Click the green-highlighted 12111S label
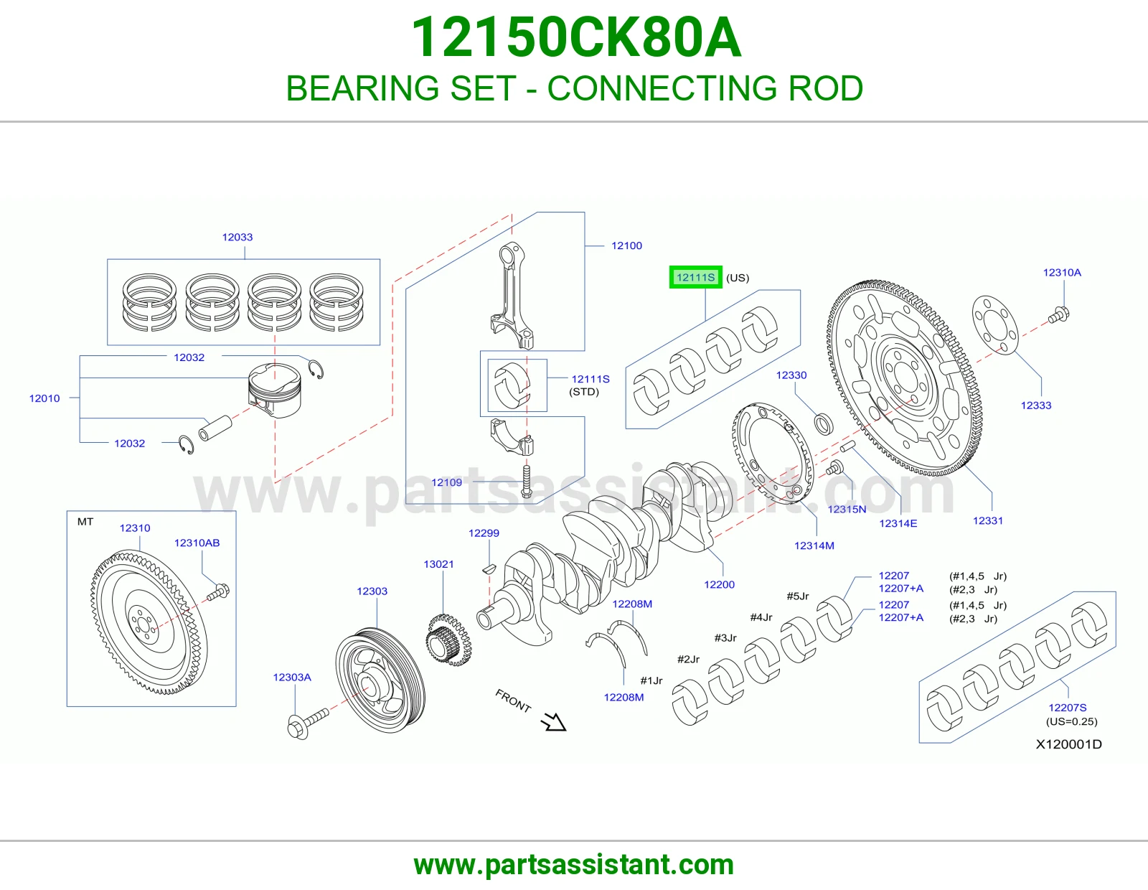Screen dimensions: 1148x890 695,278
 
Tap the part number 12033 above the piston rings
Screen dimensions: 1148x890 237,238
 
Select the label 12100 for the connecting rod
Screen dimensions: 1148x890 626,245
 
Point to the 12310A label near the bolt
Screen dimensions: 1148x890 1062,273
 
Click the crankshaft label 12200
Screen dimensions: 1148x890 719,584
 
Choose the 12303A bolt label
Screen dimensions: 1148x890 292,677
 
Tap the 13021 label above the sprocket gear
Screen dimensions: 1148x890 438,564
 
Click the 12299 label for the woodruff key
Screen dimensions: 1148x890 484,533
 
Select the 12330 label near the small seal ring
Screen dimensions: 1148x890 791,375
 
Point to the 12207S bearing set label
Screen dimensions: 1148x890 1067,707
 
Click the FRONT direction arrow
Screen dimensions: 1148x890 554,721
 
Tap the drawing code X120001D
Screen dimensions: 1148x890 1068,744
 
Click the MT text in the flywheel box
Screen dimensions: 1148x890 85,522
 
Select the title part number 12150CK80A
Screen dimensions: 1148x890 576,38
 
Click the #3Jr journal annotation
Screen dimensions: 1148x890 725,638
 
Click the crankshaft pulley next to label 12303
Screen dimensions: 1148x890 380,680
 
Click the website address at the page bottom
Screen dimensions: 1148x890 574,865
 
